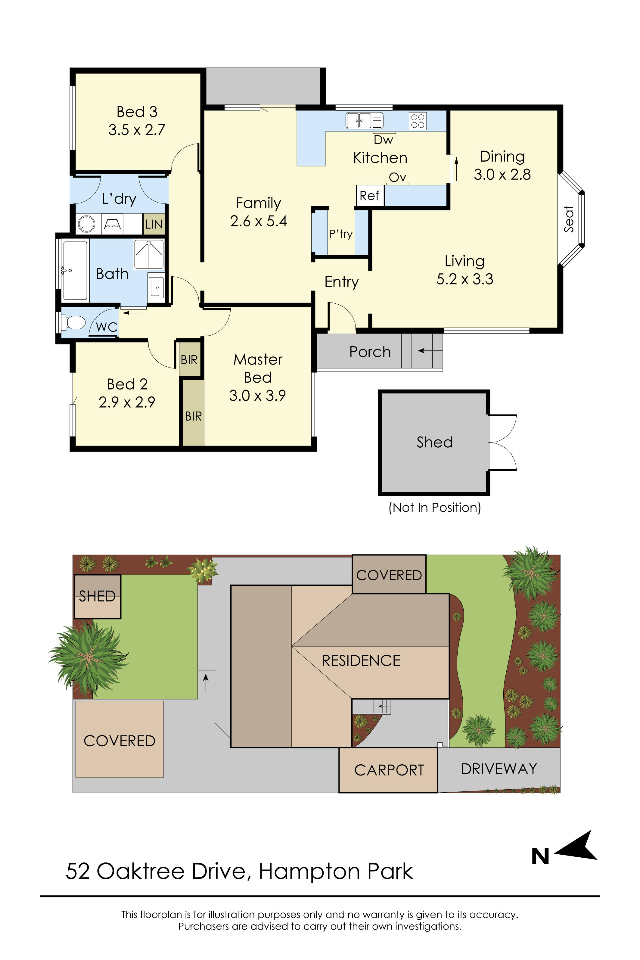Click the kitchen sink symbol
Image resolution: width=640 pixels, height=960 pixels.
[x=365, y=121]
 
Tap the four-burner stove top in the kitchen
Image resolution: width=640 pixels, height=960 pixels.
[x=418, y=121]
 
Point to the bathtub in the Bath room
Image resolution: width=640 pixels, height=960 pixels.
[x=75, y=271]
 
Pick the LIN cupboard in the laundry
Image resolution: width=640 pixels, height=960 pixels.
[x=154, y=224]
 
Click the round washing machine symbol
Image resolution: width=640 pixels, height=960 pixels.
[x=86, y=224]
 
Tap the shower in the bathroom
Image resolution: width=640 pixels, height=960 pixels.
[x=149, y=254]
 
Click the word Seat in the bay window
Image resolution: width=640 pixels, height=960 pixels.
[x=569, y=219]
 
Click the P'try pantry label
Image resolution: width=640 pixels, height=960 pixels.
[x=341, y=234]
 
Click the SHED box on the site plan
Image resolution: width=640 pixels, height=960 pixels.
[x=98, y=596]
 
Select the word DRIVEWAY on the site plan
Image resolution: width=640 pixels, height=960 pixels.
[x=499, y=769]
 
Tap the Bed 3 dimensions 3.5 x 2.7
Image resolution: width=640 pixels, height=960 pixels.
[x=137, y=130]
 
